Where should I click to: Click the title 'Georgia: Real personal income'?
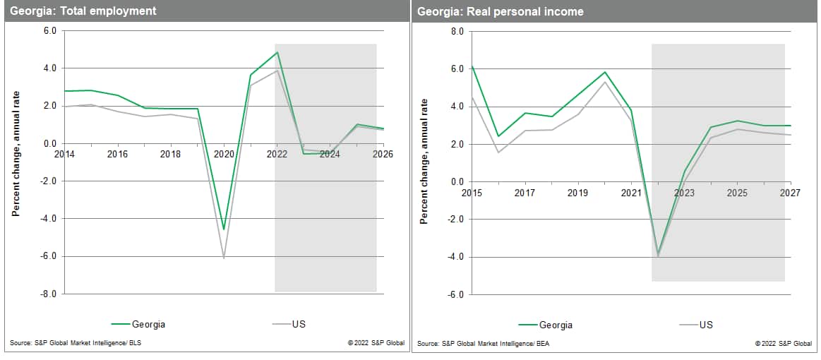coord(500,11)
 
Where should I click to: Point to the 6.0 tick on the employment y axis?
coord(49,31)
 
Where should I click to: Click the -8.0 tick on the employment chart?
coord(47,293)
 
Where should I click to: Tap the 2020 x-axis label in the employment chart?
coord(224,154)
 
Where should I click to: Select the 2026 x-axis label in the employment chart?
coord(382,154)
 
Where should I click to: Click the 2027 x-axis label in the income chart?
coord(789,192)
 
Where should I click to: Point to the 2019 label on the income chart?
coord(578,192)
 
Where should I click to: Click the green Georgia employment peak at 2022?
coord(277,52)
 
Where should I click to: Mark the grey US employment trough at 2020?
coord(224,258)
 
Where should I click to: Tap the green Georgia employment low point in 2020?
coord(224,229)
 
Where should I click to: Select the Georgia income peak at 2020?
coord(605,72)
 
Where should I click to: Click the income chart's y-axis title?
coord(424,162)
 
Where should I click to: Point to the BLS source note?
coord(71,343)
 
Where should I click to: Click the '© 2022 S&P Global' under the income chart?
coord(783,343)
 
